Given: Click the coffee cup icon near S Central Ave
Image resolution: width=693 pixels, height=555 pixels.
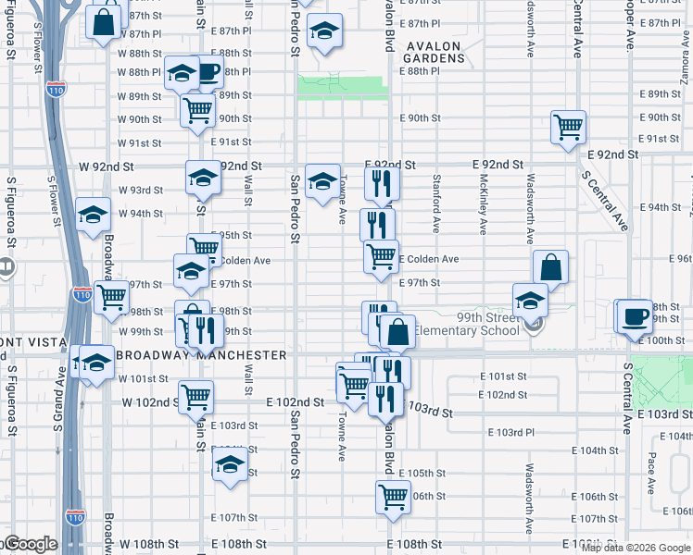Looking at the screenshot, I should (636, 315).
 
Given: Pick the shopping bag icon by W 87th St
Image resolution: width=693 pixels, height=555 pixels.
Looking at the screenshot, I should (105, 20).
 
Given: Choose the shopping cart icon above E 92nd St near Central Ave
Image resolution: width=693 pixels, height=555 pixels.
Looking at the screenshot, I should (568, 127).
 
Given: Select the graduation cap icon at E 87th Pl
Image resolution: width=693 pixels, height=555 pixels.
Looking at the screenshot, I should (323, 33).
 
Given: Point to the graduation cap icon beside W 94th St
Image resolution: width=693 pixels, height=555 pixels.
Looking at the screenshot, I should (93, 215).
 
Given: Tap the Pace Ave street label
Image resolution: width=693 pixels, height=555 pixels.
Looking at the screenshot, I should (651, 471).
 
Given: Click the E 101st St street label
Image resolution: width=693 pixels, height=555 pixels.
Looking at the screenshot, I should (502, 376).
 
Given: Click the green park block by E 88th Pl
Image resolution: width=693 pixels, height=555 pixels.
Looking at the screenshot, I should (342, 87).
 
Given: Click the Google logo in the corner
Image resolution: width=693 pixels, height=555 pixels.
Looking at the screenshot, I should (30, 544).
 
